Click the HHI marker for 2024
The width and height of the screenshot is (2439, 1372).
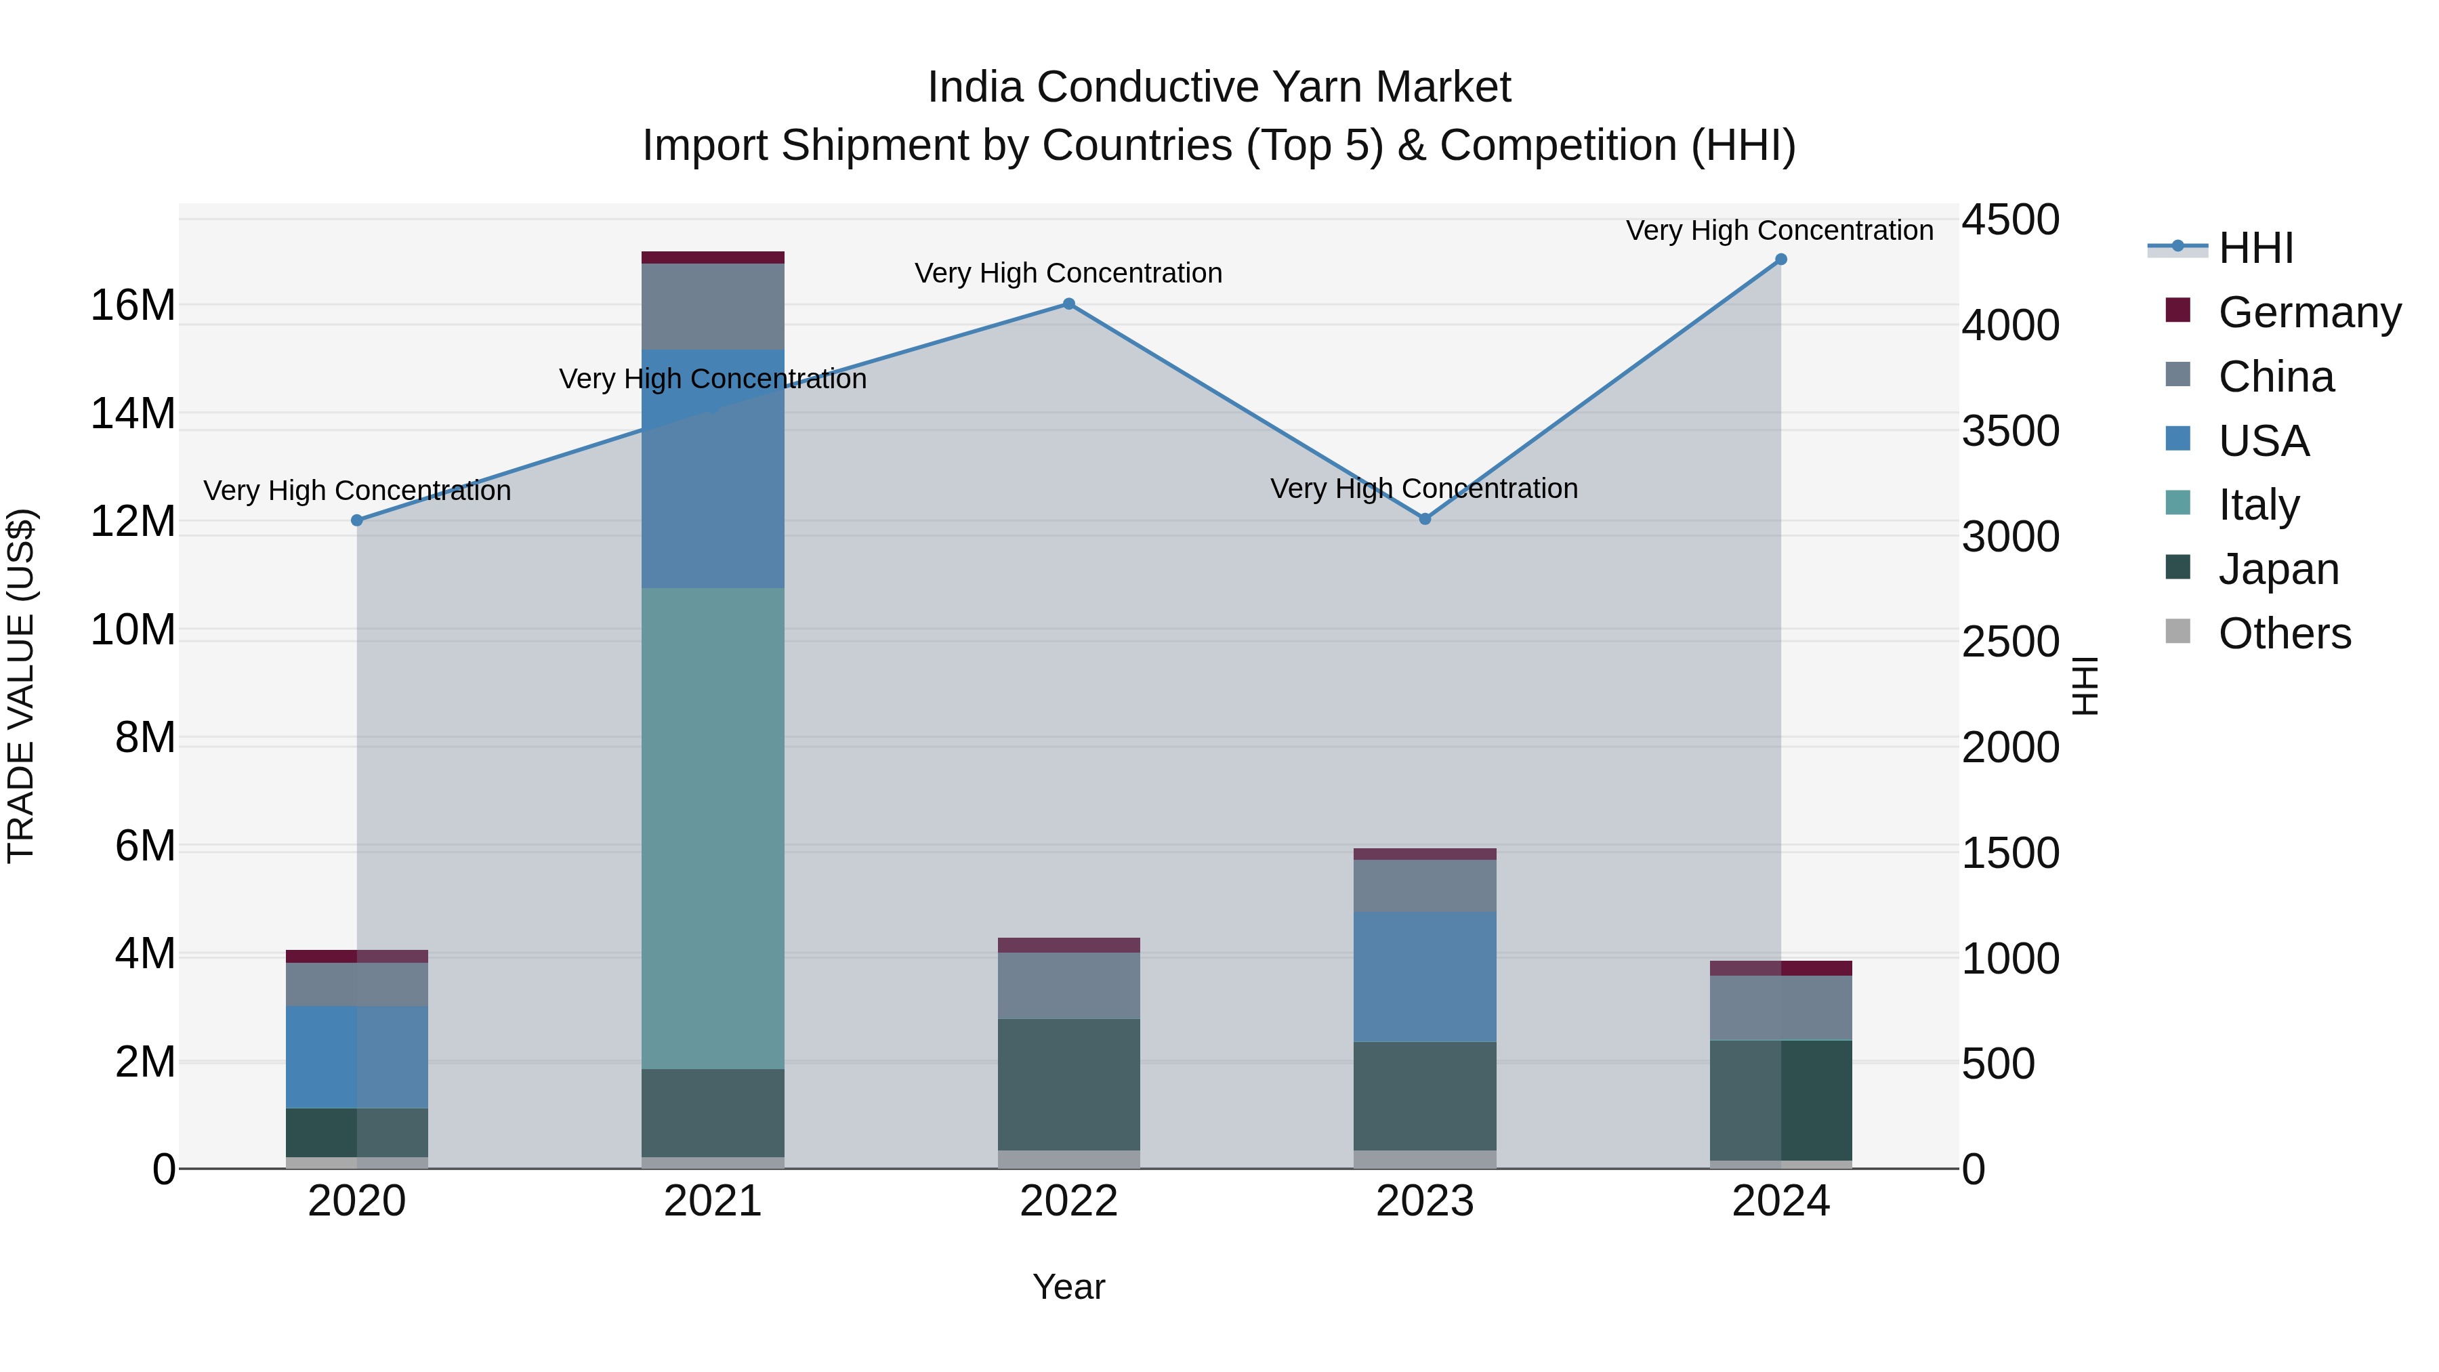click(x=1780, y=259)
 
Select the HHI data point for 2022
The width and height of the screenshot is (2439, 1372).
click(x=1068, y=304)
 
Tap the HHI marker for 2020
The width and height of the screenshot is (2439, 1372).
click(x=357, y=520)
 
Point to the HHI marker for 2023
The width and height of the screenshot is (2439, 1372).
click(x=1425, y=519)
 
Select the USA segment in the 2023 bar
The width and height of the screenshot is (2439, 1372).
click(x=1425, y=976)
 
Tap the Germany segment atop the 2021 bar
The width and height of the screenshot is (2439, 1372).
click(x=713, y=257)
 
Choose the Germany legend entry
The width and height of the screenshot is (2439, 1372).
click(x=2308, y=312)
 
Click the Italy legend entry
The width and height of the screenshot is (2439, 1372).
click(x=2258, y=505)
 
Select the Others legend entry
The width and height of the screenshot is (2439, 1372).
click(x=2284, y=633)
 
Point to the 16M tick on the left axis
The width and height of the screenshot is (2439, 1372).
click(x=133, y=306)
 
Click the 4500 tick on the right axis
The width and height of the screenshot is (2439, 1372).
click(x=2009, y=220)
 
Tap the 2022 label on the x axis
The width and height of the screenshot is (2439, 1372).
click(x=1068, y=1201)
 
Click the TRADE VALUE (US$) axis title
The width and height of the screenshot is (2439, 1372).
click(x=21, y=686)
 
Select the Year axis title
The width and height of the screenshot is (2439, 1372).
click(x=1068, y=1287)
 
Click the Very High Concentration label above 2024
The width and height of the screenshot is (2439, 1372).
click(x=1779, y=230)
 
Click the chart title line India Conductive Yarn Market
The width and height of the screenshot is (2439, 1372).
click(x=1219, y=87)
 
